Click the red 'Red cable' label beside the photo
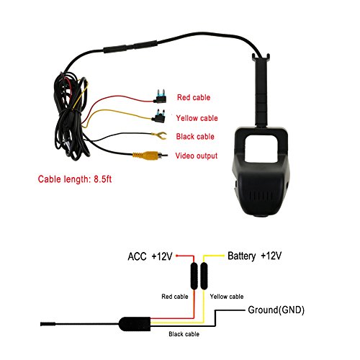[x=194, y=97]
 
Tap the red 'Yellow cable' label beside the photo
[x=197, y=118]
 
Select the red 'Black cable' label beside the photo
[x=195, y=136]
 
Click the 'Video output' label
[x=197, y=156]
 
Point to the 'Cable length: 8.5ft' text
[x=75, y=179]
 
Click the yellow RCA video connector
[x=150, y=156]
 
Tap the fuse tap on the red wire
[x=161, y=96]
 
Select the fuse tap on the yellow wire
[x=158, y=116]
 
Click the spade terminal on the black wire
[x=160, y=135]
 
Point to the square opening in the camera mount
[x=261, y=148]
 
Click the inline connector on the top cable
[x=130, y=47]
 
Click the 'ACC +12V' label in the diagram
[x=150, y=256]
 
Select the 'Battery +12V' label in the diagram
[x=254, y=256]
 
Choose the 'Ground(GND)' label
[x=276, y=310]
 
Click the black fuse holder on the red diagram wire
[x=194, y=276]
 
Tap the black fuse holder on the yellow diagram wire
[x=204, y=276]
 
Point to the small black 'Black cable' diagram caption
[x=184, y=334]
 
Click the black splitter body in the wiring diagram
[x=135, y=324]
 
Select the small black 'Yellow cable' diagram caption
[x=227, y=297]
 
